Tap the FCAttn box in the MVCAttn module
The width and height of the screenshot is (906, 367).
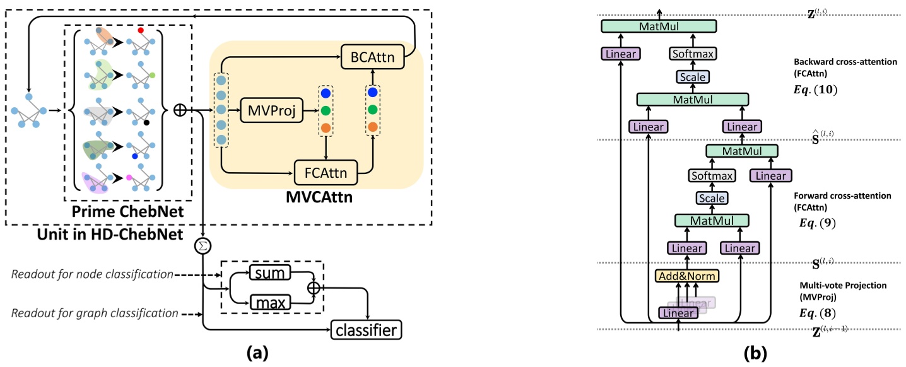(326, 170)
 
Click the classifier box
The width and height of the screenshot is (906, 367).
(367, 329)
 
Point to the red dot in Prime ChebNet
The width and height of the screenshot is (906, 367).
(141, 30)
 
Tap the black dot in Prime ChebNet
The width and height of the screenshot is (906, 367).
(146, 123)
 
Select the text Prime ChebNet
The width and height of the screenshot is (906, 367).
(128, 213)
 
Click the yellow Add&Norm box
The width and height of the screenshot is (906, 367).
(686, 276)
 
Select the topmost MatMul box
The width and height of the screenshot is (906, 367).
(659, 26)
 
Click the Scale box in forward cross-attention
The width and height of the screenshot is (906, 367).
(711, 198)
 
